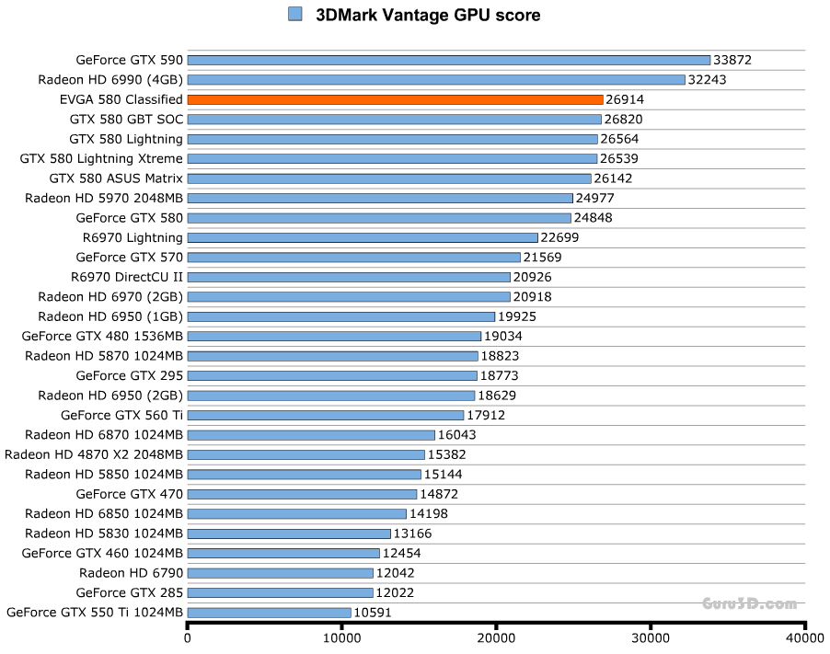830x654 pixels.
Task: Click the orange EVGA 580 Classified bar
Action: click(395, 99)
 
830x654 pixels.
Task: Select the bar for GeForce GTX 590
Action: click(449, 60)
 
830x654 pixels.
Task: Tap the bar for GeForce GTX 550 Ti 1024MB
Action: click(270, 613)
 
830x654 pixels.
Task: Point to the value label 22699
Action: click(560, 237)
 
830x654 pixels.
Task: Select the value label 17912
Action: click(486, 415)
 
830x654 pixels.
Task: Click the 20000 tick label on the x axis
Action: click(496, 637)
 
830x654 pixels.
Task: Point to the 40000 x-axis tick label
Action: click(803, 637)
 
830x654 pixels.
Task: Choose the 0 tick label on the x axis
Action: click(188, 637)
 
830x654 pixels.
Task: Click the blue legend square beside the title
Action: click(295, 14)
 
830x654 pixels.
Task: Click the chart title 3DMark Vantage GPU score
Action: click(428, 15)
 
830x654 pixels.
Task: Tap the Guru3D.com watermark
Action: click(749, 603)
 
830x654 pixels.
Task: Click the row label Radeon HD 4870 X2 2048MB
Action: click(94, 454)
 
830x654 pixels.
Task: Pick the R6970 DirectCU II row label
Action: click(127, 277)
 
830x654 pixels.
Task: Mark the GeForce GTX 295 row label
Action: click(130, 375)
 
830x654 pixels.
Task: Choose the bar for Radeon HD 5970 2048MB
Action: click(380, 198)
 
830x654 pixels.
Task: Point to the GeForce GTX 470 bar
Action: click(302, 494)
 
